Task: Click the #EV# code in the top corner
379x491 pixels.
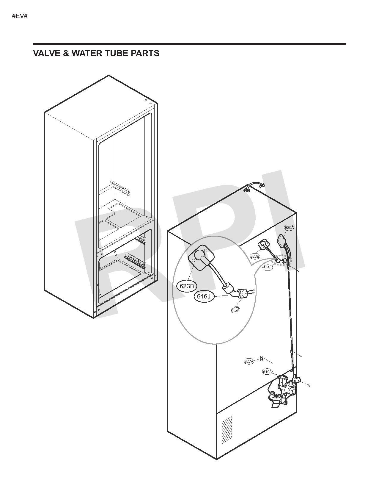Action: (20, 16)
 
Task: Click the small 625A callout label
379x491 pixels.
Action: (289, 228)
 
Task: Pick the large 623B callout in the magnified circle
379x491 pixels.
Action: (187, 286)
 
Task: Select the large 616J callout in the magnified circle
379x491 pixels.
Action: (204, 296)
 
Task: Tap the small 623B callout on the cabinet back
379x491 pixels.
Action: (255, 256)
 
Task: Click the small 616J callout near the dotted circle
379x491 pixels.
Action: (268, 268)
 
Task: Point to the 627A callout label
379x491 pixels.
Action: (249, 361)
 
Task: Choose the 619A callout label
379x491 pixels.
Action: (267, 372)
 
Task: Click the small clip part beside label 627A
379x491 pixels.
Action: (262, 358)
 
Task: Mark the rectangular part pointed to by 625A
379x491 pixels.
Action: (282, 239)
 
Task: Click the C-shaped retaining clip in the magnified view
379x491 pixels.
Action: (235, 310)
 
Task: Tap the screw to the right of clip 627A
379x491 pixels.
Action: (272, 363)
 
